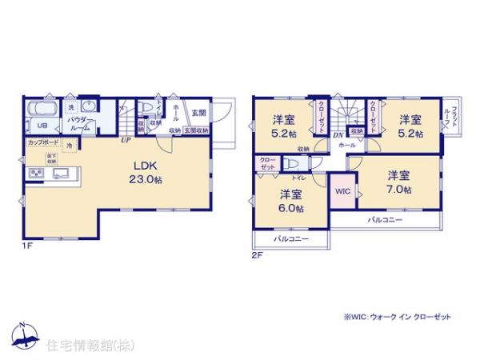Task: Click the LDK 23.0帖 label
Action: (145, 174)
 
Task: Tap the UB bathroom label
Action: (38, 124)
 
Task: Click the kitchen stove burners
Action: (38, 173)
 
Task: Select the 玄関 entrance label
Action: (198, 113)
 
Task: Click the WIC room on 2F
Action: (342, 192)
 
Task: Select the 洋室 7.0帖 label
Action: (399, 182)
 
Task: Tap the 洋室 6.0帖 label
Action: (291, 201)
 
